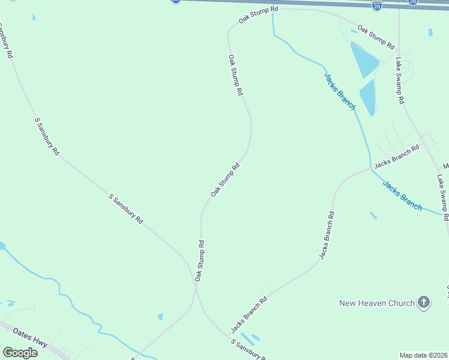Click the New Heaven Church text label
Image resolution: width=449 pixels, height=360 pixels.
pos(377,303)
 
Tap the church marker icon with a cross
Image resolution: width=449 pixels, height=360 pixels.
pos(424,302)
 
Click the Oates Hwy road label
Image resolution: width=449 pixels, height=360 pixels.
pos(28,335)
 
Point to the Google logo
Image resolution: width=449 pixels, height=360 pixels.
pos(20,353)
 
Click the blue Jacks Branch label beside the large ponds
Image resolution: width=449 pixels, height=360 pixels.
pos(340,92)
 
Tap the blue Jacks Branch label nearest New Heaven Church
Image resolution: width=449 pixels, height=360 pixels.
pos(402,195)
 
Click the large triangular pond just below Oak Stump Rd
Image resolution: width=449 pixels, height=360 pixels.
pos(364,59)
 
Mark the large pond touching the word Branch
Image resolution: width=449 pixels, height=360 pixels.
pos(367,97)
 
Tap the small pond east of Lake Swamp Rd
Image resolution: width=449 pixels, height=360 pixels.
pos(430,32)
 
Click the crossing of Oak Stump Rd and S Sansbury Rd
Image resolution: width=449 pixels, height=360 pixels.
pos(196,287)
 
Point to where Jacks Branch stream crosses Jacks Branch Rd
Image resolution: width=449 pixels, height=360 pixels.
pos(370,169)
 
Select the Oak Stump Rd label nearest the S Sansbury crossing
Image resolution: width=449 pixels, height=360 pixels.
pos(200,261)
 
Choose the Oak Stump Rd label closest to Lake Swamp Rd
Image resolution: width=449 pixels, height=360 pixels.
pos(376,37)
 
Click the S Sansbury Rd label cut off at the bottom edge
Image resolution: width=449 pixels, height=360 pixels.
pos(249,350)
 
